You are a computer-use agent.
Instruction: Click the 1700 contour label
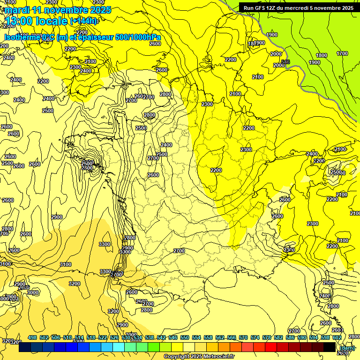pyautogui.click(x=342, y=53)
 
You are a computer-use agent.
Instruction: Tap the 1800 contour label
pyautogui.click(x=322, y=55)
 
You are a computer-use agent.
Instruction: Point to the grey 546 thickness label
pyautogui.click(x=285, y=62)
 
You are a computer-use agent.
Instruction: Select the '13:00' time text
pyautogui.click(x=18, y=21)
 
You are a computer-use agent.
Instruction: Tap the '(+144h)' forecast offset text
pyautogui.click(x=83, y=21)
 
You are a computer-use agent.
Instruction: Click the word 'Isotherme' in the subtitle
pyautogui.click(x=22, y=37)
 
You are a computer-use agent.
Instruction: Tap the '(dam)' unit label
pyautogui.click(x=347, y=348)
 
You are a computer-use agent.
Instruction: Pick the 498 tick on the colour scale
pyautogui.click(x=32, y=337)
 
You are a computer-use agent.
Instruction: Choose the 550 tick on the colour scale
pyautogui.click(x=184, y=337)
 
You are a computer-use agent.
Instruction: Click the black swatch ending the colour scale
pyautogui.click(x=330, y=347)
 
